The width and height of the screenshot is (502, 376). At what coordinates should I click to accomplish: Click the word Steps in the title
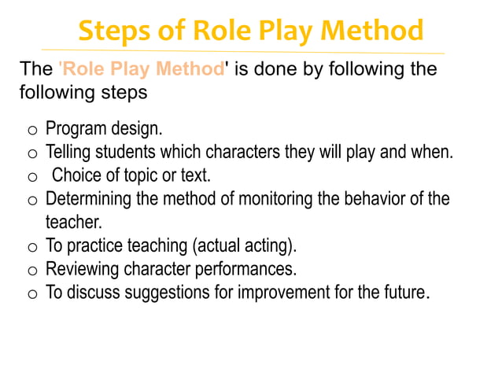tap(116, 31)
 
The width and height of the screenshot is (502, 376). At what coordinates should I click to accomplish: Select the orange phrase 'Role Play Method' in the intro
tap(142, 68)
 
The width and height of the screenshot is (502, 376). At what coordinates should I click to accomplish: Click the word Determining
tap(89, 198)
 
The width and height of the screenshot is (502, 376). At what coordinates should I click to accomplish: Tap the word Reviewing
tap(83, 269)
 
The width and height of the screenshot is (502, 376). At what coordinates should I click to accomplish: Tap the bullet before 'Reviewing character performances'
tap(32, 271)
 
